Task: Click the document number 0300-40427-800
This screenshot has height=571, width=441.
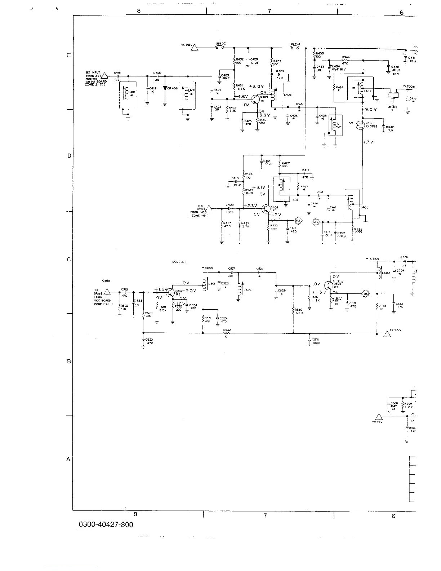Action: point(106,524)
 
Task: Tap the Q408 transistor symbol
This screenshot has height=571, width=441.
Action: point(266,209)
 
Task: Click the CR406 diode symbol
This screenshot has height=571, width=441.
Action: point(165,88)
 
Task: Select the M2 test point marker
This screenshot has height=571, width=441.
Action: point(298,220)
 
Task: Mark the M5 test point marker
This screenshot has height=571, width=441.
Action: point(365,293)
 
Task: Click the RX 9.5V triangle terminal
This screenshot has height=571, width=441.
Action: point(195,48)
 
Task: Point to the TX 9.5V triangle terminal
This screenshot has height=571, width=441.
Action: point(387,334)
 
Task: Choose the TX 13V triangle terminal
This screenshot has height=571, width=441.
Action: point(379,416)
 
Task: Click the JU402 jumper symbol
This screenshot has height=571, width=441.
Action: point(220,47)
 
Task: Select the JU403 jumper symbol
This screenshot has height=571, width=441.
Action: point(295,47)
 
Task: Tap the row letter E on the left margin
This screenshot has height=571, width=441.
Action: point(68,56)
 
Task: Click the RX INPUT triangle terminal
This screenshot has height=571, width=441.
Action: point(104,76)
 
